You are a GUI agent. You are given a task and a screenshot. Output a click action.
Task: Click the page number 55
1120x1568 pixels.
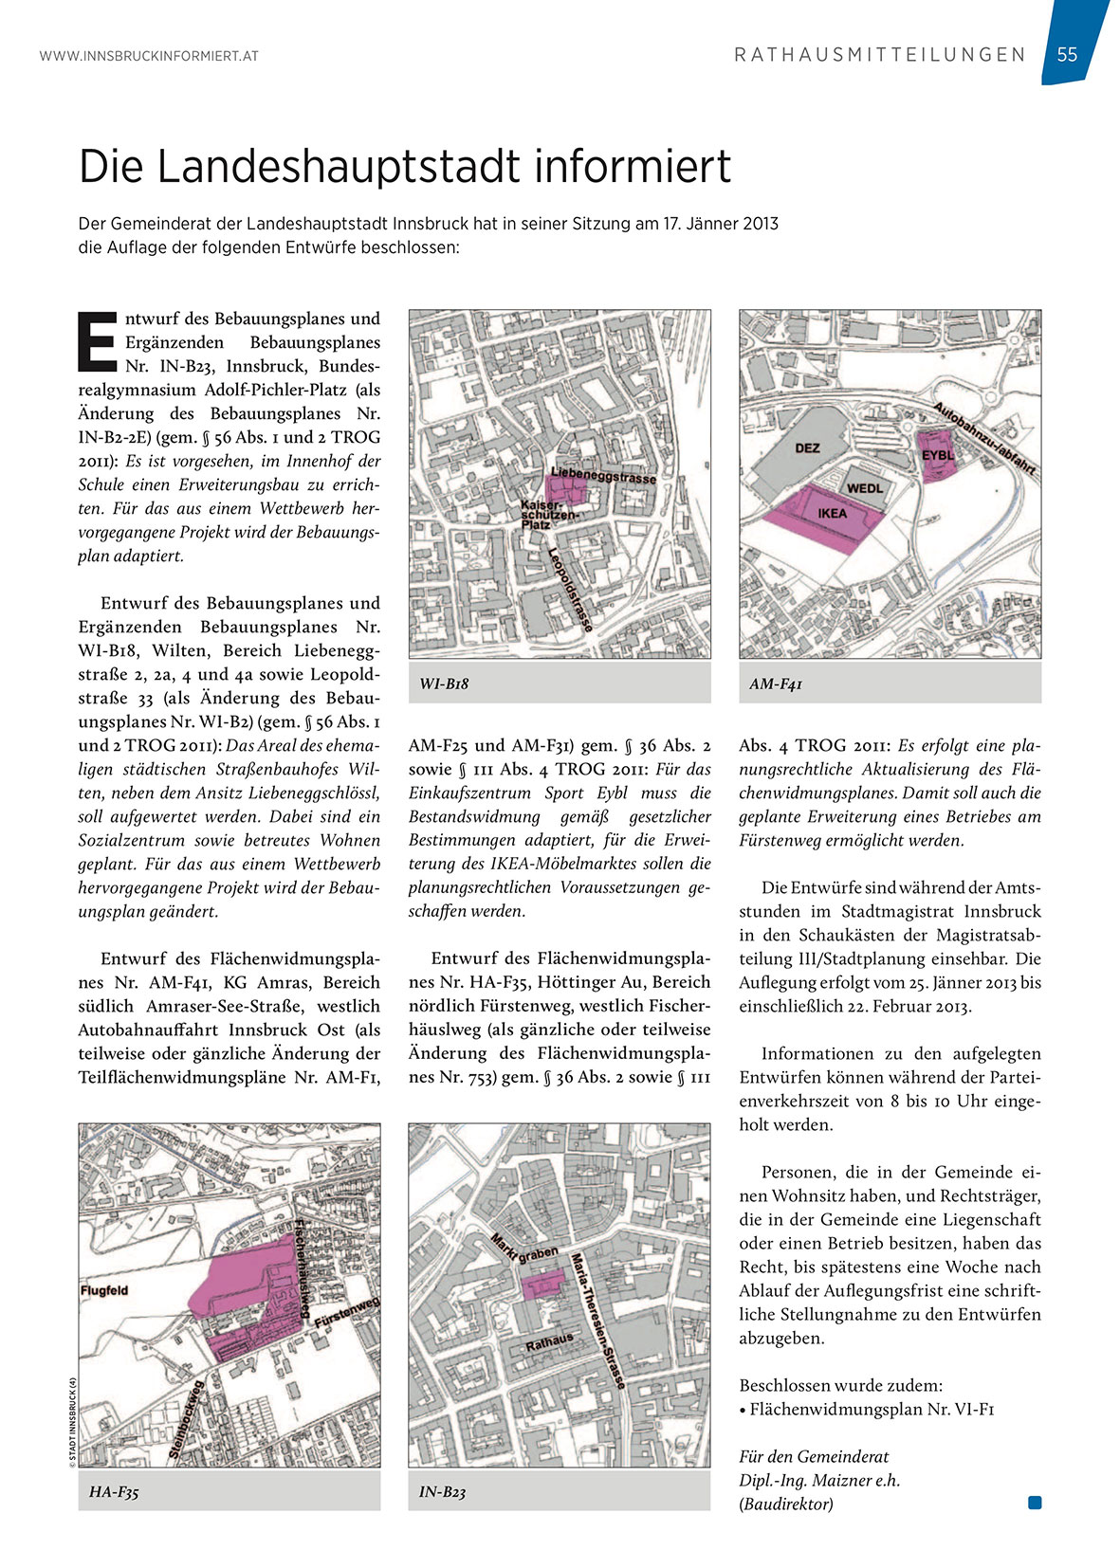(1067, 55)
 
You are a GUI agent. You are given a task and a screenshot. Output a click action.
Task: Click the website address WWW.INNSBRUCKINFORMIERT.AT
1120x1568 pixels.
(149, 57)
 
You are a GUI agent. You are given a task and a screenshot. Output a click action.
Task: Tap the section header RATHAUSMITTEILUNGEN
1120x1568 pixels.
(880, 55)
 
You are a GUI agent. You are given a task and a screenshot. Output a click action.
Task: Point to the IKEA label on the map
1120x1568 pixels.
(832, 513)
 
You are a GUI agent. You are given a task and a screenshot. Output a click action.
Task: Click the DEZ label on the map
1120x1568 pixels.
(807, 447)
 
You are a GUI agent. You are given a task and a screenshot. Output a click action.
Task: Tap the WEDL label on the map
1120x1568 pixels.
(864, 488)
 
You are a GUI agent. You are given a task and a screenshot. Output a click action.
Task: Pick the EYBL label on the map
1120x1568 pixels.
(937, 456)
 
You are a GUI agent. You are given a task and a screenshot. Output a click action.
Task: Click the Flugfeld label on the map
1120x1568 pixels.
(104, 1290)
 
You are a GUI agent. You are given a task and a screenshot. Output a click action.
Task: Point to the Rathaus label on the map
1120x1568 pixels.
(550, 1341)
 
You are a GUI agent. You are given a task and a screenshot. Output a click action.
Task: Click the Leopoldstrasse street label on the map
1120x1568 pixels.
(571, 589)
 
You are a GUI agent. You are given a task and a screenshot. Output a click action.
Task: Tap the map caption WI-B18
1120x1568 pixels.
(444, 684)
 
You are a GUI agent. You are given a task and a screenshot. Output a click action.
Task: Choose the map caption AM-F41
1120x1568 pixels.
(775, 684)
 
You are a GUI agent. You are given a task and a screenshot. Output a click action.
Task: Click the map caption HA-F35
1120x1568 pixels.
(114, 1492)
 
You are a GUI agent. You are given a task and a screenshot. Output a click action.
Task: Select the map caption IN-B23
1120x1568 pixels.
(443, 1492)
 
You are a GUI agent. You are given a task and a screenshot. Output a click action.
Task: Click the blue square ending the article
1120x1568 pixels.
(1035, 1502)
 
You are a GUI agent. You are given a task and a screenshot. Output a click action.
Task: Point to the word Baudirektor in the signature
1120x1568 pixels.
(786, 1504)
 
